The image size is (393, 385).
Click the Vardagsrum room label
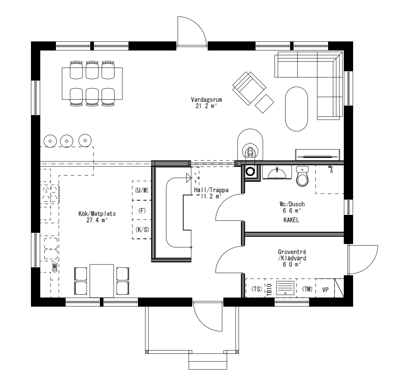coord(204,100)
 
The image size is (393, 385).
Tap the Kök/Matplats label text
coord(97,214)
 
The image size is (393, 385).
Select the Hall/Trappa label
coord(211,190)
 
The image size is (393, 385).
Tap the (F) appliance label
coord(141,210)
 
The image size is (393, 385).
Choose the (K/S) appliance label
coord(141,229)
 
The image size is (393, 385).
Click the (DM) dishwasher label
coord(55,267)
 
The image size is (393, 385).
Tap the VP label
coord(325,289)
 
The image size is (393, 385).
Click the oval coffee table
coord(297,109)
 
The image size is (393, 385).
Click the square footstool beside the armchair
coord(265,103)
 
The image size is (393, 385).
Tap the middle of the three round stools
coord(66,141)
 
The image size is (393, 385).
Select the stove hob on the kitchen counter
coord(51,194)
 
